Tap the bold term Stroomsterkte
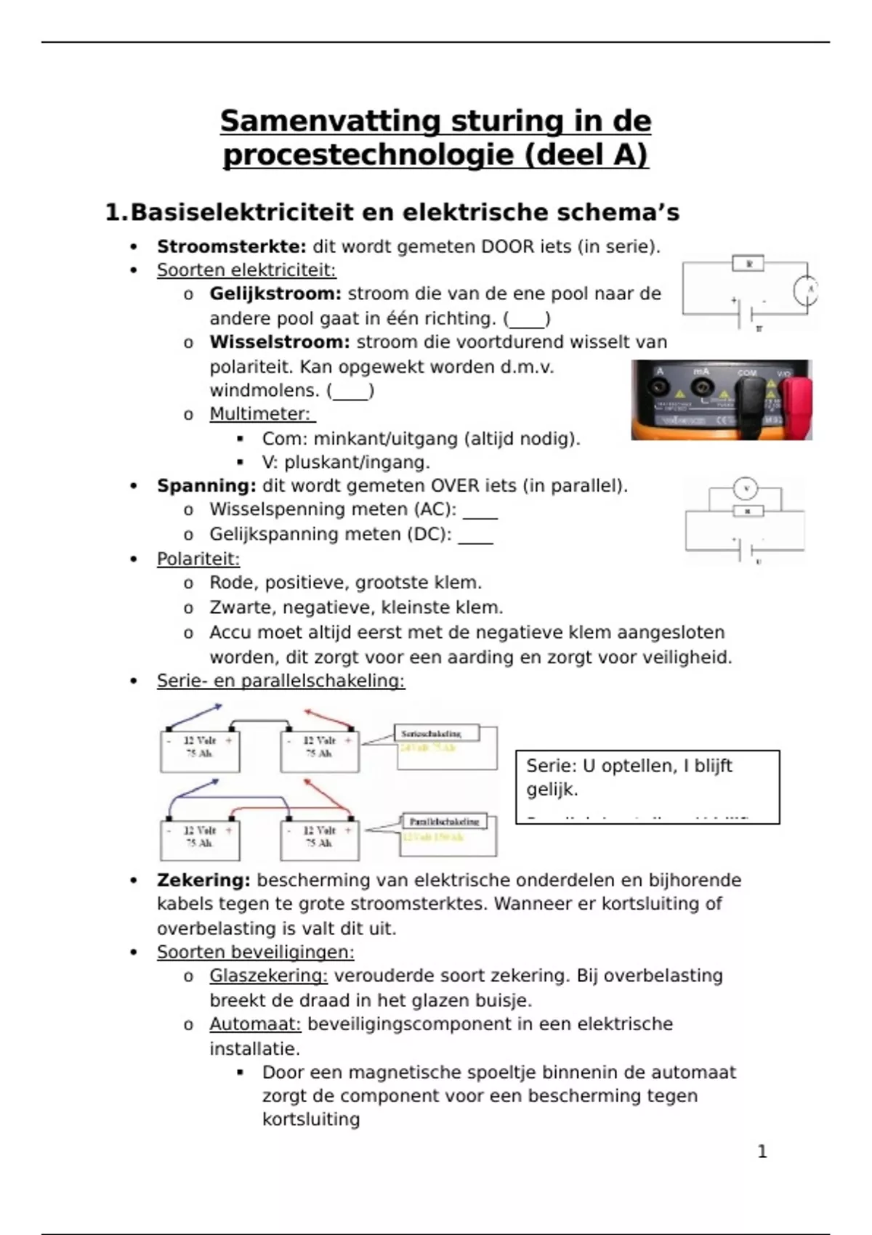pyautogui.click(x=231, y=247)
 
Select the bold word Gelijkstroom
pyautogui.click(x=275, y=294)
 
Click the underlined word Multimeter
pyautogui.click(x=259, y=414)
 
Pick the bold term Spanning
pyautogui.click(x=206, y=486)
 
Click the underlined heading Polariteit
pyautogui.click(x=198, y=559)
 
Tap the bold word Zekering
pyautogui.click(x=203, y=880)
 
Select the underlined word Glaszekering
pyautogui.click(x=268, y=976)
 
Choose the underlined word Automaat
pyautogui.click(x=255, y=1024)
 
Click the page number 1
pyautogui.click(x=762, y=1151)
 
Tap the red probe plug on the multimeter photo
pyautogui.click(x=796, y=400)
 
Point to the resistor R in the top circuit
pyautogui.click(x=749, y=263)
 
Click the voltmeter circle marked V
pyautogui.click(x=746, y=489)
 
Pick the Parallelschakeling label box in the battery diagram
pyautogui.click(x=444, y=822)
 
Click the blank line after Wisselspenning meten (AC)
pyautogui.click(x=480, y=511)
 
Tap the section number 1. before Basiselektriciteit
pyautogui.click(x=116, y=213)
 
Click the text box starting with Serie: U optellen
pyautogui.click(x=647, y=787)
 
